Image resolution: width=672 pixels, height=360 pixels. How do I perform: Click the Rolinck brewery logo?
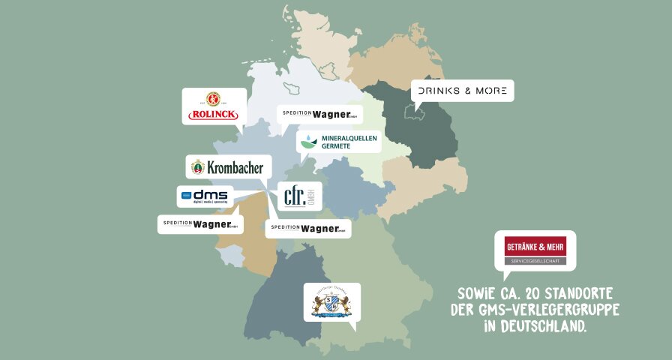tap(214, 106)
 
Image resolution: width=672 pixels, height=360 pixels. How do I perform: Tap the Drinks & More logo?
tap(463, 91)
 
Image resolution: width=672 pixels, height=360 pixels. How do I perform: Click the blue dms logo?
tap(205, 197)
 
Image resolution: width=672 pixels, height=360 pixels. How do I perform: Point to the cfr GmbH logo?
tap(300, 196)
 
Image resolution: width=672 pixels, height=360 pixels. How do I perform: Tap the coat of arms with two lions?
tap(331, 303)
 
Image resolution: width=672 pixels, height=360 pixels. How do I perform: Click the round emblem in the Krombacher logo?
tap(198, 167)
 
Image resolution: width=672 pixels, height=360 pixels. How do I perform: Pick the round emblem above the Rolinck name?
tap(214, 98)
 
